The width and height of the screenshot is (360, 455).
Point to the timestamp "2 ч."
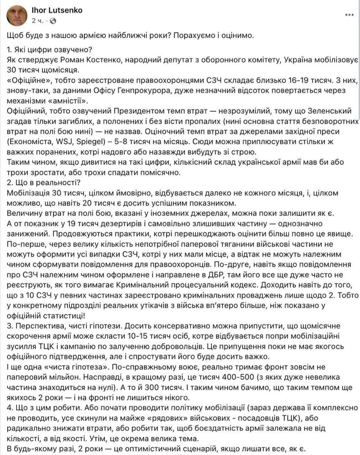point(37,21)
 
